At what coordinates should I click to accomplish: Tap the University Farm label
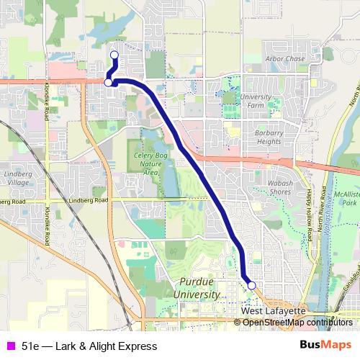(256, 101)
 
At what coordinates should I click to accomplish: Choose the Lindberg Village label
(17, 179)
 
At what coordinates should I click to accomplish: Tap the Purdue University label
(197, 290)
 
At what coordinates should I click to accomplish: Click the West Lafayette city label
(274, 310)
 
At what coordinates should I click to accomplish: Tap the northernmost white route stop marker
(114, 55)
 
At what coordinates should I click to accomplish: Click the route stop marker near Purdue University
(251, 286)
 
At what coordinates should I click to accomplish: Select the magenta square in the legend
(10, 346)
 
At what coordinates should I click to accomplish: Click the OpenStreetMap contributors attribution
(297, 323)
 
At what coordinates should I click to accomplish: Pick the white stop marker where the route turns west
(108, 83)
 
